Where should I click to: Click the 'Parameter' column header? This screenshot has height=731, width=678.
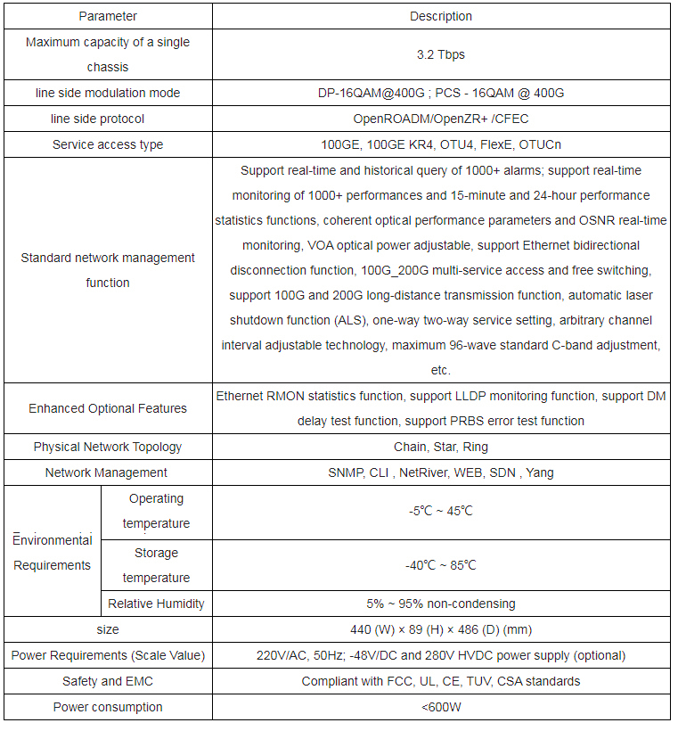[x=108, y=16]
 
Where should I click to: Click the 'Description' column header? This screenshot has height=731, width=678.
[x=441, y=16]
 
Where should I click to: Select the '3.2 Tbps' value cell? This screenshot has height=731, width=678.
[x=441, y=54]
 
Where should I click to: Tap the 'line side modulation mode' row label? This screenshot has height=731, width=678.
[x=108, y=93]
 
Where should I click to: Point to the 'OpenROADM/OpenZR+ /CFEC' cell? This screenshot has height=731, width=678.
[x=441, y=119]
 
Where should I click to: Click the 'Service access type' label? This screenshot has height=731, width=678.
[x=108, y=144]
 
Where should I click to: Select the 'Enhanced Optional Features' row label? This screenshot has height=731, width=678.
[x=108, y=408]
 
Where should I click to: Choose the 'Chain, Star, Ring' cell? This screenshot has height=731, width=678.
[x=441, y=447]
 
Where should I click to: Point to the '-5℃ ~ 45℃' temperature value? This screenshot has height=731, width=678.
[x=441, y=512]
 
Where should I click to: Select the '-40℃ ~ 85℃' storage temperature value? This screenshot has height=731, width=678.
[x=441, y=565]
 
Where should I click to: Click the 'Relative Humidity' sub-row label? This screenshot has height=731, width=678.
[x=156, y=604]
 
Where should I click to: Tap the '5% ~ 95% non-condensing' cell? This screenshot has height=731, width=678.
[x=441, y=604]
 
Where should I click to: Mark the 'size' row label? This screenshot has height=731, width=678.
[x=108, y=629]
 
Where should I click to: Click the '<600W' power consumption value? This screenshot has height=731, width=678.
[x=441, y=707]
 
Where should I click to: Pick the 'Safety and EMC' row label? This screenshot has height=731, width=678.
[x=108, y=681]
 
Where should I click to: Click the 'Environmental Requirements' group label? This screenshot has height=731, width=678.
[x=53, y=553]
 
